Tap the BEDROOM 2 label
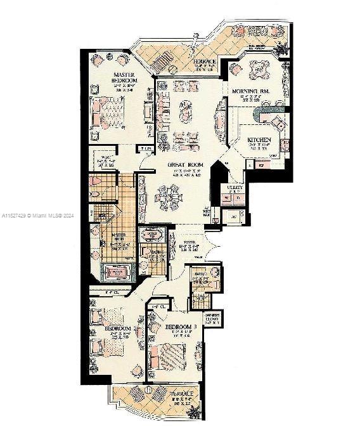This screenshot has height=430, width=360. point(118,329)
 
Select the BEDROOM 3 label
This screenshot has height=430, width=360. point(181,327)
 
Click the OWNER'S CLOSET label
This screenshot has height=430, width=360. point(212,318)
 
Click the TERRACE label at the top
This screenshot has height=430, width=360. point(205,61)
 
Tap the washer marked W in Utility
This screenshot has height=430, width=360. point(226,199)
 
